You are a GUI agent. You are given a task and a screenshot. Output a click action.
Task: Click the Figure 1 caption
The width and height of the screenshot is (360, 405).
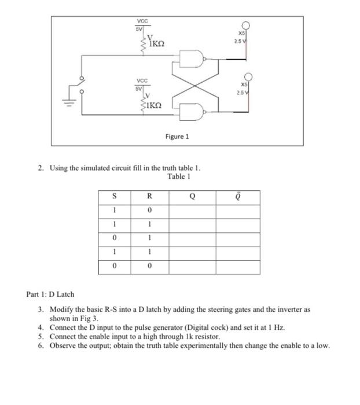click(x=177, y=137)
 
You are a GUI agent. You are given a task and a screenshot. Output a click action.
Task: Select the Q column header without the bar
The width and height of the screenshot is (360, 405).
click(x=192, y=197)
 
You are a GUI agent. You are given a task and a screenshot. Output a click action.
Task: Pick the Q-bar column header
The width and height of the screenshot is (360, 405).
click(x=238, y=197)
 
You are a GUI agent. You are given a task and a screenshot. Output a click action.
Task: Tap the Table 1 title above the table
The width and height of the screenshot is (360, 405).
click(x=179, y=176)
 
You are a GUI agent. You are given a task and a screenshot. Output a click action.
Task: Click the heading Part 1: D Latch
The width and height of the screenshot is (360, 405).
click(x=50, y=294)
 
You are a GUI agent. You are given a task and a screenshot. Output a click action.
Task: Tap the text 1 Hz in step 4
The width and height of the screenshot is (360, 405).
click(x=275, y=327)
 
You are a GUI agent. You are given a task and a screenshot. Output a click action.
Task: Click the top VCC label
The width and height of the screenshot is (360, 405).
click(x=141, y=21)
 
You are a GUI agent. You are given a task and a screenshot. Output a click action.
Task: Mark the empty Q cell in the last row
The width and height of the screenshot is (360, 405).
click(x=192, y=267)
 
